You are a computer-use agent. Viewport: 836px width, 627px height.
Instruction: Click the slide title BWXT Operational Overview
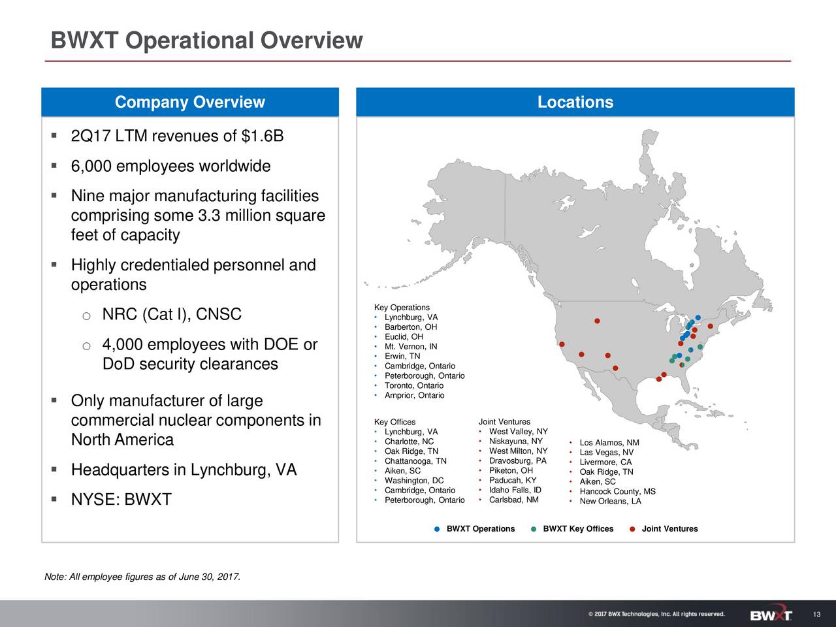click(x=206, y=41)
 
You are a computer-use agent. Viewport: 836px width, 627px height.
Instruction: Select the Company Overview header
click(x=189, y=103)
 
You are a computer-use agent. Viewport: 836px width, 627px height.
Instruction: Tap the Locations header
click(x=575, y=103)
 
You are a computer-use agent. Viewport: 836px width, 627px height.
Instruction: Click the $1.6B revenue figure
click(x=263, y=137)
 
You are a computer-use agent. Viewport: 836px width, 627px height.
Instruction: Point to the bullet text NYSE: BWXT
click(x=121, y=500)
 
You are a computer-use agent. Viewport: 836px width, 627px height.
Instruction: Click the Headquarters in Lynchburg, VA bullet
click(x=184, y=470)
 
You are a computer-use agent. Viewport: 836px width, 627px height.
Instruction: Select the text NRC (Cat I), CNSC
click(x=172, y=315)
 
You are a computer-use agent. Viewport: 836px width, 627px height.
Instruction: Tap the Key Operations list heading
click(x=402, y=308)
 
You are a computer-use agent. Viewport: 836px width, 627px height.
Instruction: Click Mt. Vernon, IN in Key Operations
click(x=411, y=346)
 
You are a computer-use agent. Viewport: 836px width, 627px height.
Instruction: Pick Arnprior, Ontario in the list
click(x=414, y=395)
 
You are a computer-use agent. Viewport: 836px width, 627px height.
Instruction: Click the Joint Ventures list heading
click(x=504, y=422)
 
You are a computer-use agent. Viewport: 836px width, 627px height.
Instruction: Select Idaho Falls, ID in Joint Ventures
click(x=515, y=490)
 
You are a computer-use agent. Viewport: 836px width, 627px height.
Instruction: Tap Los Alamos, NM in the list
click(x=609, y=443)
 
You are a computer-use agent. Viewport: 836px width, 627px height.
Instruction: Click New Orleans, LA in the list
click(x=610, y=502)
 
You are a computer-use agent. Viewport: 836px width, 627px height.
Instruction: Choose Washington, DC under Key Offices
click(x=414, y=481)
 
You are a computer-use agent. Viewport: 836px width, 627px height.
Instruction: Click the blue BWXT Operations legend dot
click(x=436, y=529)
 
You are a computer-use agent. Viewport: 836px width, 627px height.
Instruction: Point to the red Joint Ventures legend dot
click(x=632, y=529)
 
